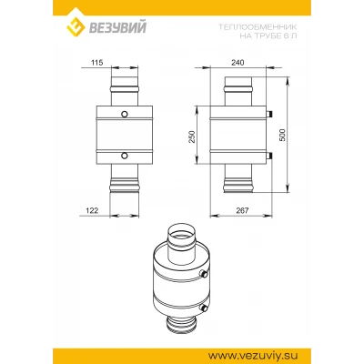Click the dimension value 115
pyautogui.click(x=97, y=63)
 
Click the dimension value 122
pyautogui.click(x=92, y=210)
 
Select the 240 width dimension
pyautogui.click(x=238, y=63)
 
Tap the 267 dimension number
pyautogui.click(x=242, y=210)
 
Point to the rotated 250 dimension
pyautogui.click(x=192, y=136)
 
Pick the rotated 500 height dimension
pyautogui.click(x=282, y=135)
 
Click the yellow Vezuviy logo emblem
pyautogui.click(x=76, y=26)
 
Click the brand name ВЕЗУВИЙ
pyautogui.click(x=117, y=26)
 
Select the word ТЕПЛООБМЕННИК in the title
pyautogui.click(x=258, y=27)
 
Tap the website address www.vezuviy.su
pyautogui.click(x=254, y=355)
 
